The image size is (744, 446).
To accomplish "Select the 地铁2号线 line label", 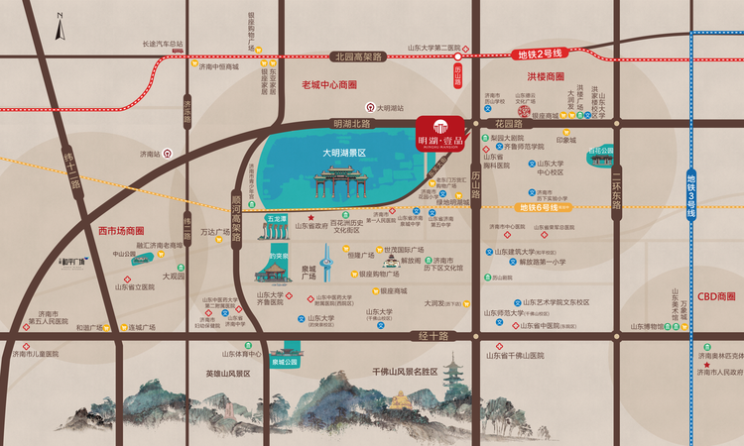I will pyautogui.click(x=540, y=52).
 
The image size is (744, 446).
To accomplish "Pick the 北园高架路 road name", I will pyautogui.click(x=358, y=56).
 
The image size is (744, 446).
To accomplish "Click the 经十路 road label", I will pyautogui.click(x=434, y=336).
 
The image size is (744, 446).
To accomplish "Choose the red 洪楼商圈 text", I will pyautogui.click(x=546, y=75).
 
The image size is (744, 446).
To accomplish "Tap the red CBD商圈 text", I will pyautogui.click(x=716, y=296).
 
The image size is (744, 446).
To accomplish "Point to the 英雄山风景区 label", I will pyautogui.click(x=231, y=373).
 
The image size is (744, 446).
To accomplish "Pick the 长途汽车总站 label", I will pyautogui.click(x=164, y=44).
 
